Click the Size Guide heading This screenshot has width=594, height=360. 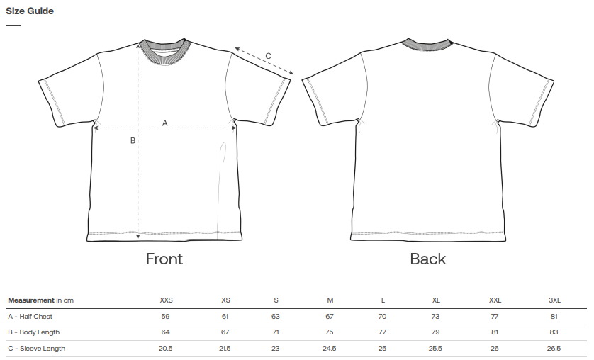tap(30, 11)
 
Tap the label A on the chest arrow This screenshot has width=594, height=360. tap(164, 123)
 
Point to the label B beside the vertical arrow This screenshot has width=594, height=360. tap(133, 140)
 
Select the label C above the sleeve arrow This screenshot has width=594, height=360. tap(268, 56)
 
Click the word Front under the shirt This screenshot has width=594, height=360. tap(164, 259)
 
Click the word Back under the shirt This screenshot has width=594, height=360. tap(427, 259)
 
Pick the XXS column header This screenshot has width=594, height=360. tap(166, 300)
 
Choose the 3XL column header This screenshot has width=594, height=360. tap(554, 300)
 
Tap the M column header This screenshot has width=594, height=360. tap(330, 300)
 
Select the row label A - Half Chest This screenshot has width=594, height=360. tap(30, 317)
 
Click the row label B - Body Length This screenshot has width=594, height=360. tap(34, 332)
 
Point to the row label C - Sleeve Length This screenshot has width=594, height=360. tap(36, 348)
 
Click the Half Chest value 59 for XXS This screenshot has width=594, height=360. tap(166, 317)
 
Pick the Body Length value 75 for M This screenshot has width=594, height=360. tap(329, 332)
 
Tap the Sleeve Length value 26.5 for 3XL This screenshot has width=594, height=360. tap(554, 348)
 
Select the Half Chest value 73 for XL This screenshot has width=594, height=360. tap(435, 317)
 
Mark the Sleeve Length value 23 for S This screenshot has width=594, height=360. tap(276, 348)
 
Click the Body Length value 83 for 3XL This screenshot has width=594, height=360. tap(554, 332)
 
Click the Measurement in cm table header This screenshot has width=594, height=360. tap(41, 300)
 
